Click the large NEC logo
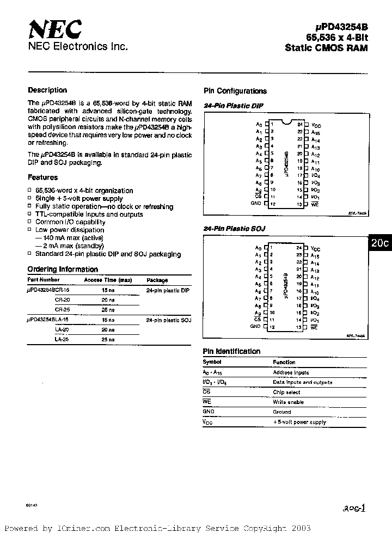54,29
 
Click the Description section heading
47,90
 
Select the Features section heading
42,177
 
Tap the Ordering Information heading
63,270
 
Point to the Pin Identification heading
231,352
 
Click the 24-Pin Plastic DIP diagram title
233,106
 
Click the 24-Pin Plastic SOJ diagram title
234,229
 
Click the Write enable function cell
289,402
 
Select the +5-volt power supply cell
299,422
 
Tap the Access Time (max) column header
108,280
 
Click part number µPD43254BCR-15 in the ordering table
48,291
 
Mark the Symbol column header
212,362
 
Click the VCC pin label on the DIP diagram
316,125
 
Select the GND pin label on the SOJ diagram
255,326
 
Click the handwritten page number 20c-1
354,508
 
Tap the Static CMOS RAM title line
326,48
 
